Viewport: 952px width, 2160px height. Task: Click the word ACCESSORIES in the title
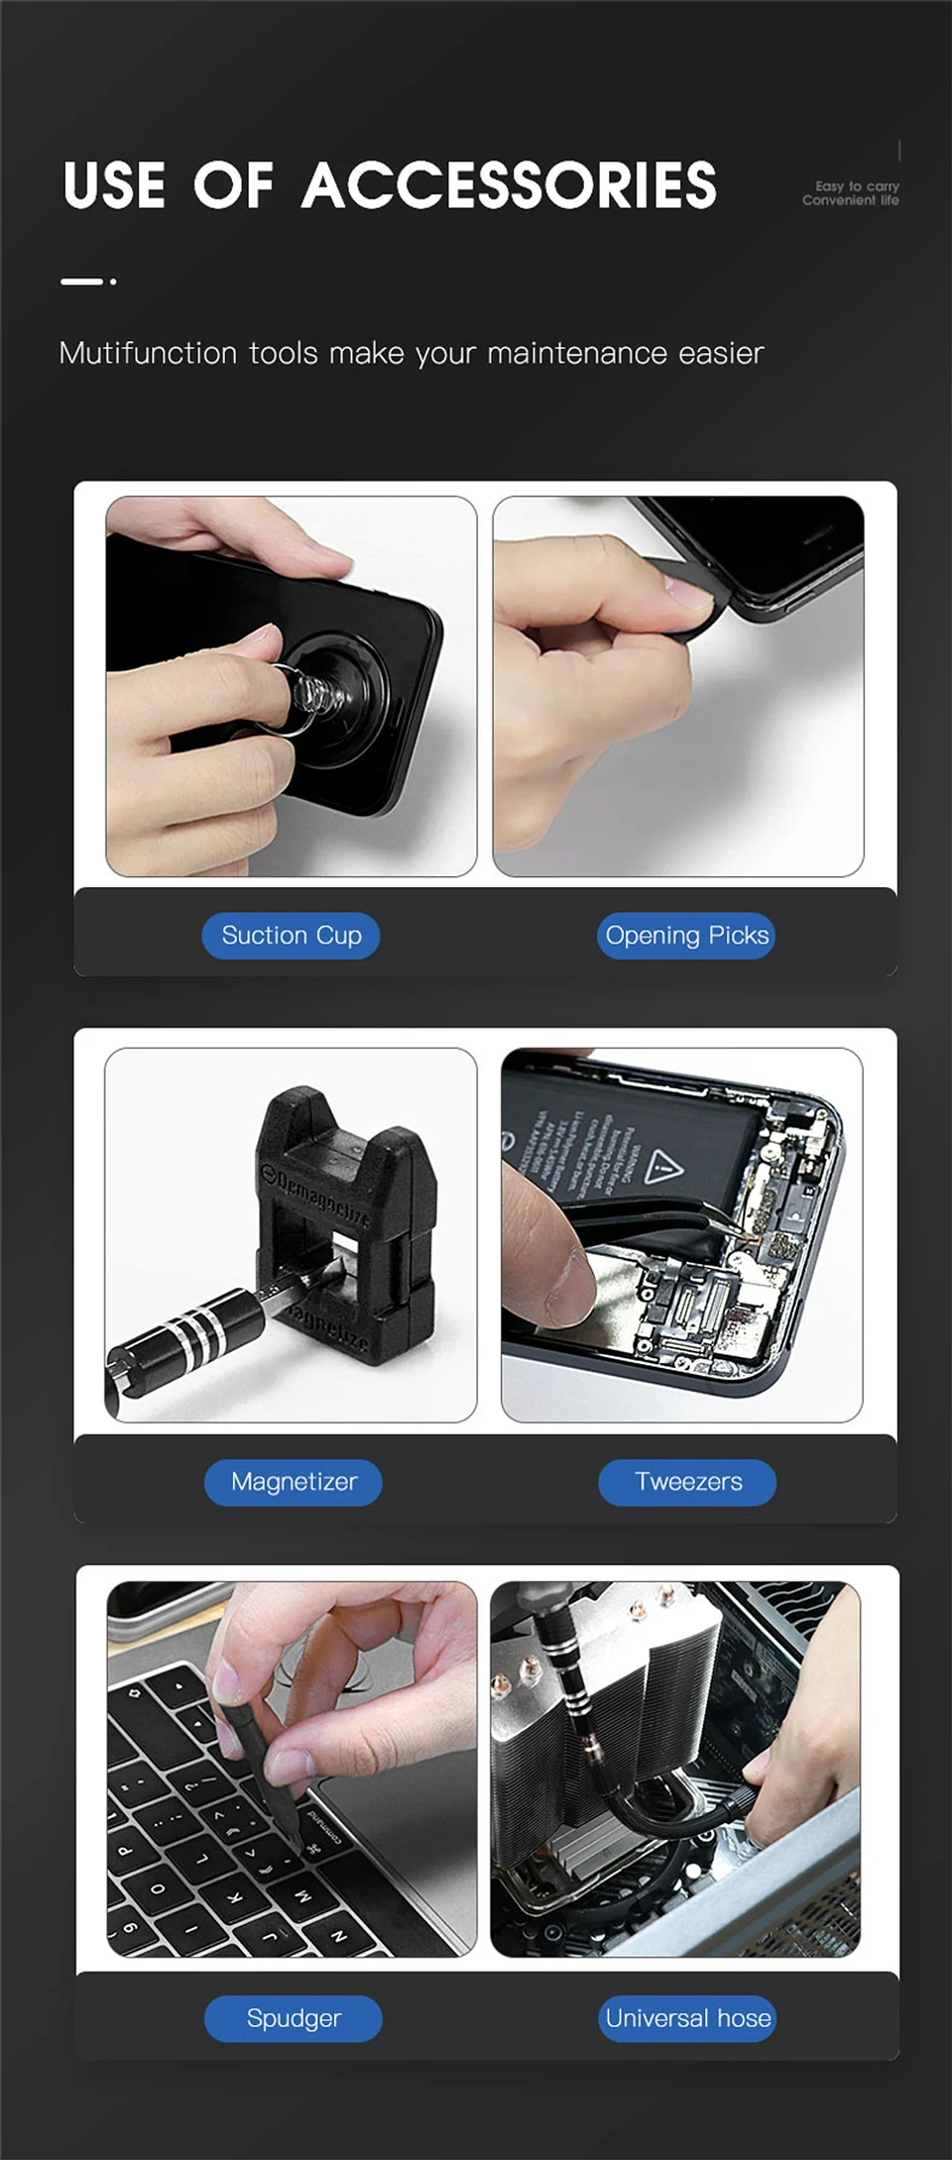(x=509, y=186)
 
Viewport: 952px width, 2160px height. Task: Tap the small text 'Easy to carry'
(x=856, y=185)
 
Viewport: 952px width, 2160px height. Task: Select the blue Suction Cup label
(x=291, y=936)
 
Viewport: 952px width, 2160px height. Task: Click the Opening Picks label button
(x=686, y=936)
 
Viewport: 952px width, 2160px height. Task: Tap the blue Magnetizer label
(x=294, y=1482)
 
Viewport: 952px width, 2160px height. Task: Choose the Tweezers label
(x=687, y=1482)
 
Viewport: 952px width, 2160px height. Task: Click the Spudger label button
(x=294, y=2018)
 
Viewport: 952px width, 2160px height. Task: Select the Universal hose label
(x=687, y=2018)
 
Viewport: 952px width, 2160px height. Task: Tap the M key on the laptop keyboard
(x=302, y=1895)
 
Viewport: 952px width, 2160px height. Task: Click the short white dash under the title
(x=81, y=282)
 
